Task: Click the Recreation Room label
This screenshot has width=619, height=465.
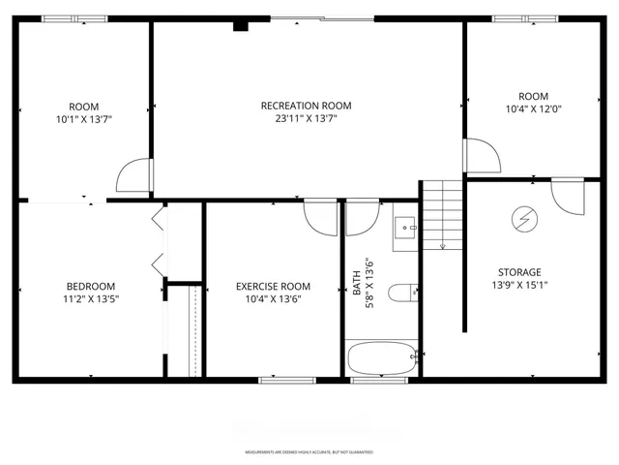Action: point(306,106)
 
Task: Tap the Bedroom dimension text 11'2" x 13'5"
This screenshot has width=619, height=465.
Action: point(91,299)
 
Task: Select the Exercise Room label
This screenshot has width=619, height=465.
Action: point(273,286)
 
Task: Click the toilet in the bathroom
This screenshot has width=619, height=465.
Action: point(401,292)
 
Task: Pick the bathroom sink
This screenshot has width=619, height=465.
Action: point(404,230)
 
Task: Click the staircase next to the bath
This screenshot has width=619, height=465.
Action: point(442,214)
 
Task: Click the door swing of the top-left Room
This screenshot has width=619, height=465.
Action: point(133,175)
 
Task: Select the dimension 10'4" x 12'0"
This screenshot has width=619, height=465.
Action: point(533,109)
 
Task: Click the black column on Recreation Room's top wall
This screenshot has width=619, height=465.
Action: point(240,25)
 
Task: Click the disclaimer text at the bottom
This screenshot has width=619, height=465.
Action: point(309,452)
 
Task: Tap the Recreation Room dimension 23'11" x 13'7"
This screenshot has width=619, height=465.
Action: point(306,119)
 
